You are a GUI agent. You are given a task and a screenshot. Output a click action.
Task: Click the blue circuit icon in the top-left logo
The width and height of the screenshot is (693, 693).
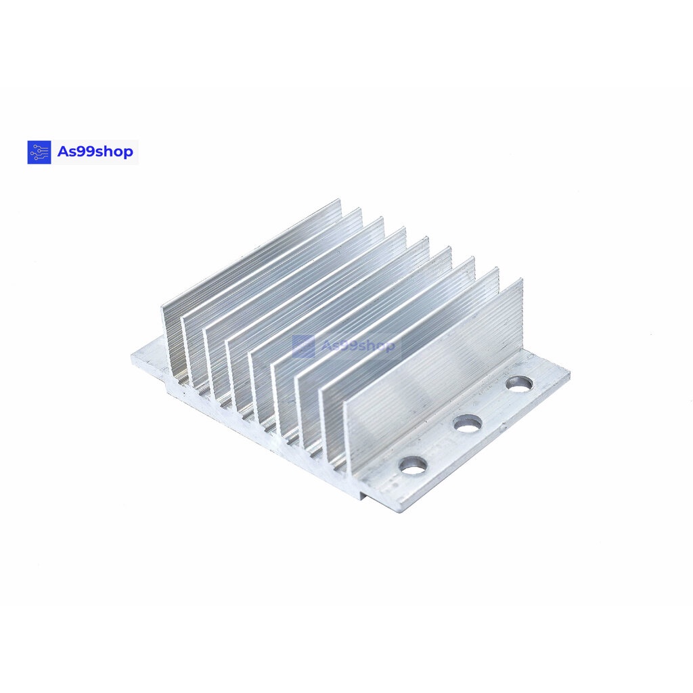pyautogui.click(x=39, y=152)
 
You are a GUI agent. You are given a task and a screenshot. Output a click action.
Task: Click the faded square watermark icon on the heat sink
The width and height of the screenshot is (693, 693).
pyautogui.click(x=303, y=346)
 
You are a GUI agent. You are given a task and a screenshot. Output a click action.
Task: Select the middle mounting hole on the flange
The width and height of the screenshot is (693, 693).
pyautogui.click(x=468, y=424)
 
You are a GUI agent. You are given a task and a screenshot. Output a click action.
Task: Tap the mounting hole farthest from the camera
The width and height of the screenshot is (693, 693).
pyautogui.click(x=520, y=384)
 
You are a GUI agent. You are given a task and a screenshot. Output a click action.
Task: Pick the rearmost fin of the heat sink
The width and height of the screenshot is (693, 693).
pyautogui.click(x=250, y=257)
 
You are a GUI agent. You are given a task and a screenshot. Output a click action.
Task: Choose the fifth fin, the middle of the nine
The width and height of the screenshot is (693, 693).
pyautogui.click(x=338, y=298)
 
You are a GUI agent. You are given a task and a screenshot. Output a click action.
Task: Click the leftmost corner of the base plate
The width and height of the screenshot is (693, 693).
pyautogui.click(x=133, y=357)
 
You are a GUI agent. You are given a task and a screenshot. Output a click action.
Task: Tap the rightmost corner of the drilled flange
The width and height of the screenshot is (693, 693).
pyautogui.click(x=568, y=374)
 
